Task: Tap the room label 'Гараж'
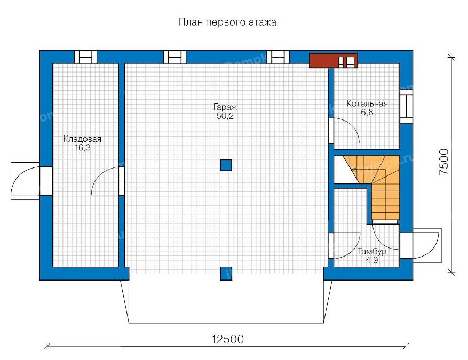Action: [x=225, y=107]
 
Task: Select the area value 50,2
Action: [x=225, y=116]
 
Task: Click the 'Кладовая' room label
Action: [x=82, y=139]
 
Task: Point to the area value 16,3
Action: [x=83, y=148]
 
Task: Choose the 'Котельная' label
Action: [x=367, y=103]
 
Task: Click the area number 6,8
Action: [x=367, y=112]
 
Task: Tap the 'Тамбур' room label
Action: [x=372, y=251]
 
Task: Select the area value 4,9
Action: [x=372, y=260]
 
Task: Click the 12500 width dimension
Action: [x=228, y=339]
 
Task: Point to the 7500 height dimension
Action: [x=444, y=162]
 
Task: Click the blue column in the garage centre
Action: [x=226, y=165]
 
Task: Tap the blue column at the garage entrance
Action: [x=226, y=273]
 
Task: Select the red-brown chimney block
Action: [x=334, y=61]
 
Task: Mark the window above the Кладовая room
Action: [x=86, y=57]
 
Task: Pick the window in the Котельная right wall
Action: [x=406, y=107]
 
